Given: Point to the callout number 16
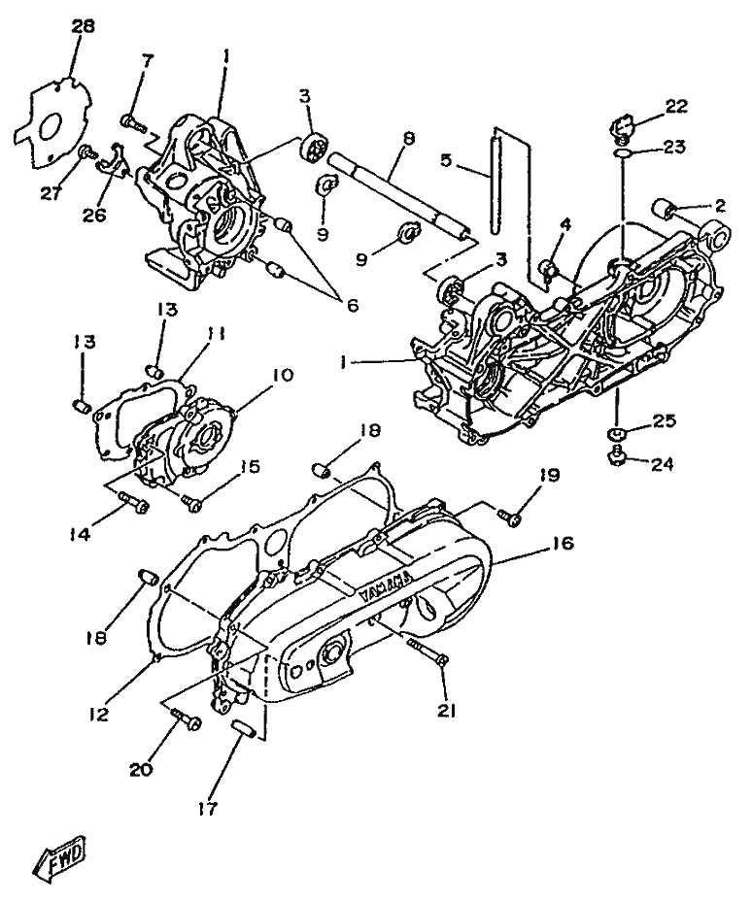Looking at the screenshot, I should coord(563,543).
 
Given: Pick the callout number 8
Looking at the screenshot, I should coord(408,139).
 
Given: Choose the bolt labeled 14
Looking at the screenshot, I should coord(133,503).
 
